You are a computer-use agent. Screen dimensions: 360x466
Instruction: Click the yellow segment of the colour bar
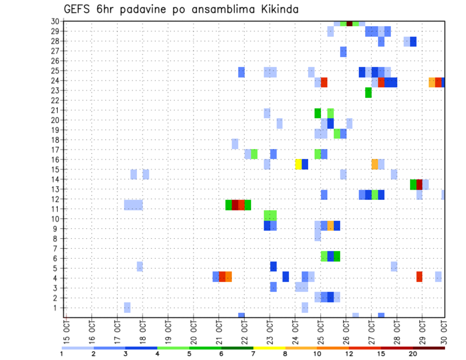269,348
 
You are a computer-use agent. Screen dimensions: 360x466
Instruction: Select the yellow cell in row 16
299,164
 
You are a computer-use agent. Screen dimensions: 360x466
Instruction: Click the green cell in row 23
368,92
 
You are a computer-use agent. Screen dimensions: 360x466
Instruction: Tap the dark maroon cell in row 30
349,23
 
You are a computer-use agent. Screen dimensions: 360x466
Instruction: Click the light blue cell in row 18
235,144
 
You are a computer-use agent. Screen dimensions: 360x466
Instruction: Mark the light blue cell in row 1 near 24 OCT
305,308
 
